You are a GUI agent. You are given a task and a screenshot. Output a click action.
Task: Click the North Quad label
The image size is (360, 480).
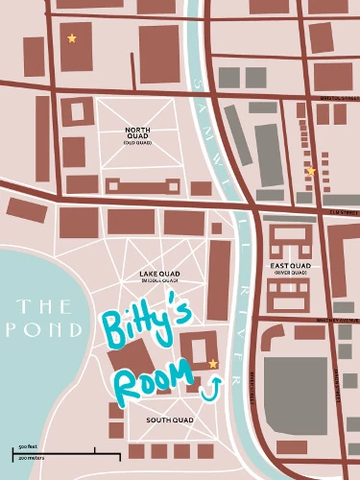pyautogui.click(x=139, y=133)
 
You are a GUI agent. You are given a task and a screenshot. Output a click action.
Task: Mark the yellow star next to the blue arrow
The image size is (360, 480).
pyautogui.click(x=213, y=364)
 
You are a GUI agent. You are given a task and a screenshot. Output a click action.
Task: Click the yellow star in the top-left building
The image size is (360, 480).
pyautogui.click(x=72, y=38)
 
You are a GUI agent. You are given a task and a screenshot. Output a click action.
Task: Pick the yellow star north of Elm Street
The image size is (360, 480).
pyautogui.click(x=311, y=171)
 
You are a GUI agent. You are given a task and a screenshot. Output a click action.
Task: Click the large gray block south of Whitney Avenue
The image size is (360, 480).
pyautogui.click(x=295, y=388)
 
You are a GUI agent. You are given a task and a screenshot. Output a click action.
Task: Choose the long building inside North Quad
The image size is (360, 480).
pyautogui.click(x=137, y=183)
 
